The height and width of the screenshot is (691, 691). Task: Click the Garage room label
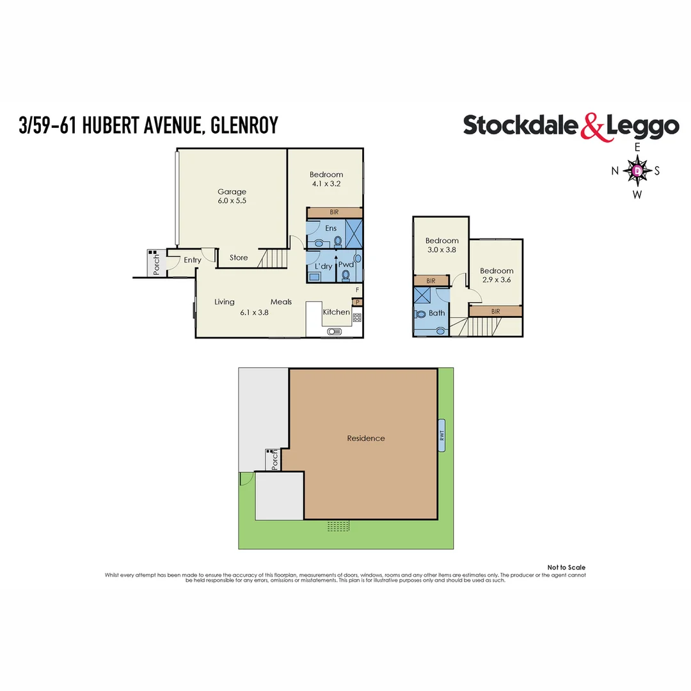(x=232, y=191)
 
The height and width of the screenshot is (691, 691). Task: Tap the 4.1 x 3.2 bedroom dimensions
(x=326, y=184)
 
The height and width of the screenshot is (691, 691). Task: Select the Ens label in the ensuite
(x=331, y=228)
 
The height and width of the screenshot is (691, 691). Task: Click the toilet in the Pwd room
(x=346, y=275)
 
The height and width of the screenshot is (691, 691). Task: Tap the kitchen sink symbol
(x=335, y=331)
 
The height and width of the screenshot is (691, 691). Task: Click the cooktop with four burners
(x=357, y=317)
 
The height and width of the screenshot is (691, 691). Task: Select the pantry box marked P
(x=357, y=303)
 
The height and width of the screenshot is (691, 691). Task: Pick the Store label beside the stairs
(x=239, y=258)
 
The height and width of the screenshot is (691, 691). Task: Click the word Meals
(x=281, y=302)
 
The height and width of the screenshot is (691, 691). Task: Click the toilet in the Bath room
(x=422, y=315)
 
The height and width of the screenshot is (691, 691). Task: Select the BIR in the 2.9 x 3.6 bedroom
(x=496, y=311)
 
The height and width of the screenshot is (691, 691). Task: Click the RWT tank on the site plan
(x=441, y=436)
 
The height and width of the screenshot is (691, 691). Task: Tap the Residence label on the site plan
(x=366, y=438)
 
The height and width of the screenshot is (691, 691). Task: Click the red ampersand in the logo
(x=592, y=126)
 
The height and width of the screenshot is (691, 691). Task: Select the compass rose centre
(x=637, y=171)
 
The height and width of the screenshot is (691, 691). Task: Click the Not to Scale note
(x=566, y=568)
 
